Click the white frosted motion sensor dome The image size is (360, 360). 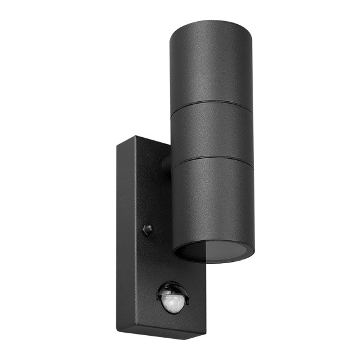pyautogui.click(x=173, y=303)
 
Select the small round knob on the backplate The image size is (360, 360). pyautogui.click(x=147, y=230)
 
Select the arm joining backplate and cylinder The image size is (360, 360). pyautogui.click(x=166, y=164)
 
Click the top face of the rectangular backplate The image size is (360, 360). pyautogui.click(x=143, y=144)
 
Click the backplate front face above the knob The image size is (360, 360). pyautogui.click(x=152, y=186)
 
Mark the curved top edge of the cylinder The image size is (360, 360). pyautogui.click(x=211, y=26)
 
